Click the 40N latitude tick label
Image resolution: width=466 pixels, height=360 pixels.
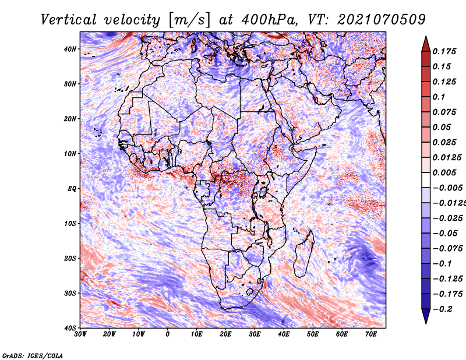point(70,49)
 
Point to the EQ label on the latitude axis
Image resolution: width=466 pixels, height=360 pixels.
point(72,189)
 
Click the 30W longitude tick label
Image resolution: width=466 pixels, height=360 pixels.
point(80,334)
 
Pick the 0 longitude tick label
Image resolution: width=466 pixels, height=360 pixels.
point(168,334)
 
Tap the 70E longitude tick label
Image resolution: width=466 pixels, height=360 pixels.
point(371,334)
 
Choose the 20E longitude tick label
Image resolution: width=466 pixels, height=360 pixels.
point(225,334)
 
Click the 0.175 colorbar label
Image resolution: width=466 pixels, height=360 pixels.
point(444,51)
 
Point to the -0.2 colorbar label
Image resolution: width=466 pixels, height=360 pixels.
point(443,309)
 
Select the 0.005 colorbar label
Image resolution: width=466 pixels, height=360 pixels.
point(444,172)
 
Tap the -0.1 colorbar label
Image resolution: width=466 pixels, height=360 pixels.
point(443,264)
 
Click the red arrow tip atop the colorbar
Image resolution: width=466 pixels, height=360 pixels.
point(426,37)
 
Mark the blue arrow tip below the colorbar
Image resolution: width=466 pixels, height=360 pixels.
point(426,323)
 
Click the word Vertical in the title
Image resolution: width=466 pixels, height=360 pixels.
point(69,20)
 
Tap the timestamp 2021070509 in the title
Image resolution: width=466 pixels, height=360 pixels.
point(382,20)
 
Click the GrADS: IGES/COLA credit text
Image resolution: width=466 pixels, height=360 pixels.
point(33,355)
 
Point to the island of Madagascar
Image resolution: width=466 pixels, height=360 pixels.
point(304,253)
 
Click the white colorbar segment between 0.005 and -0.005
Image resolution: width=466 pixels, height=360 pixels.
point(426,180)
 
